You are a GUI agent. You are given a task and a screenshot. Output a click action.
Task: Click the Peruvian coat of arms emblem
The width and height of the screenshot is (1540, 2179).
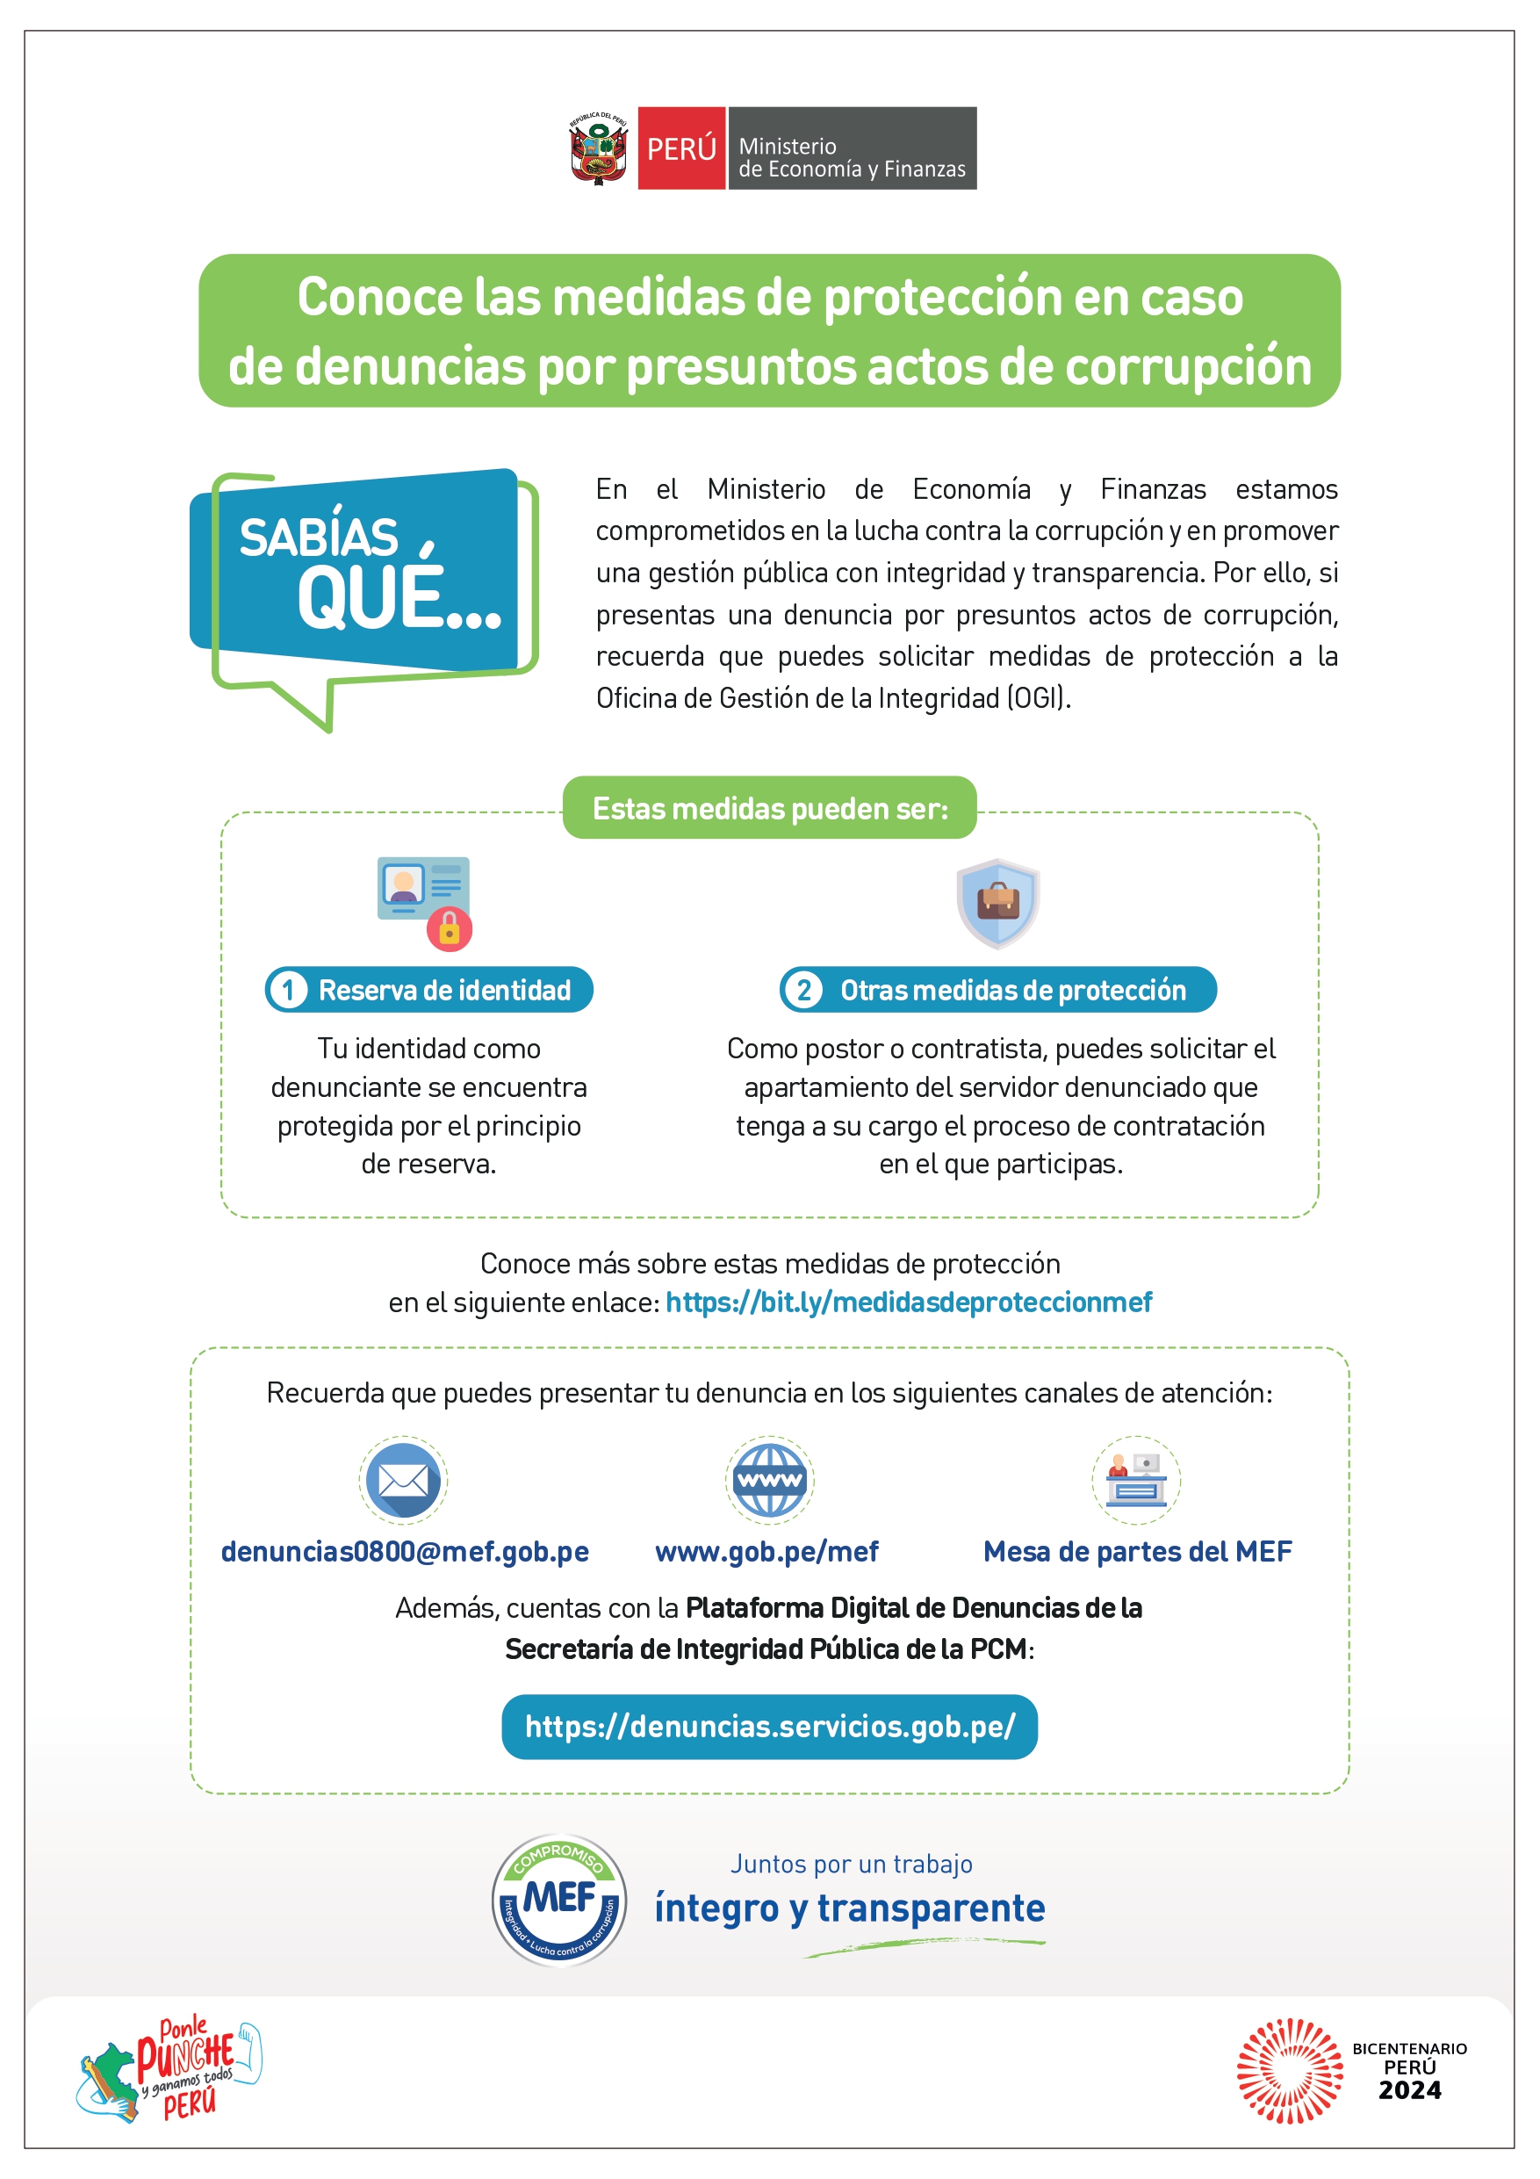coord(598,148)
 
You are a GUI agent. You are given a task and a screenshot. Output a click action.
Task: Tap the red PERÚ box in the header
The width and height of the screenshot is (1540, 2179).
coord(680,148)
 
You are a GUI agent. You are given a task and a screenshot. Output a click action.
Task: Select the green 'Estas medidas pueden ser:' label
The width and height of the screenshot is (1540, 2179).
coord(768,808)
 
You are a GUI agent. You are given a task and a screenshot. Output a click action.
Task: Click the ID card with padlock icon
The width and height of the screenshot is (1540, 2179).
coord(424,903)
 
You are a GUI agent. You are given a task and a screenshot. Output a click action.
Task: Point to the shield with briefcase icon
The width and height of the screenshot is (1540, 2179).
coord(997,903)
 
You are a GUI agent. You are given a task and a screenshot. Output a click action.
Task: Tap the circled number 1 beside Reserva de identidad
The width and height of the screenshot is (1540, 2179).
coord(287,990)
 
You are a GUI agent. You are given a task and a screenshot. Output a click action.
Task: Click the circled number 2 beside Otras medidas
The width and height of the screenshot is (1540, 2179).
coord(802,990)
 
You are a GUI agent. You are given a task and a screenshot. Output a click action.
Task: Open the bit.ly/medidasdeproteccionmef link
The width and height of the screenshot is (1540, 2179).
coord(908,1302)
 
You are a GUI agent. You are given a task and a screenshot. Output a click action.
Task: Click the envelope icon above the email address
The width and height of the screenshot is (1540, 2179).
coord(403,1481)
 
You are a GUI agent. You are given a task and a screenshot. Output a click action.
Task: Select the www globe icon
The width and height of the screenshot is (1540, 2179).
coord(769,1481)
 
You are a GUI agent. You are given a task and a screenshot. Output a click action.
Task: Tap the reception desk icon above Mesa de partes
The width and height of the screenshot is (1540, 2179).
coord(1136,1481)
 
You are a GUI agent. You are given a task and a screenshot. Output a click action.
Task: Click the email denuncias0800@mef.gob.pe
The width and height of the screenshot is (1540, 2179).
coord(405,1552)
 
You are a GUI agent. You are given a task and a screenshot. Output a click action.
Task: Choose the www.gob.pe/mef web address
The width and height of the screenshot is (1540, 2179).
coord(766,1552)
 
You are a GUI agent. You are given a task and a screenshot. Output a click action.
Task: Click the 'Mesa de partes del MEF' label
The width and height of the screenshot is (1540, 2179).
coord(1137,1552)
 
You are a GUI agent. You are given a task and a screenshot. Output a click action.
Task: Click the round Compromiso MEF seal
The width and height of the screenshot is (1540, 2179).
coord(559,1900)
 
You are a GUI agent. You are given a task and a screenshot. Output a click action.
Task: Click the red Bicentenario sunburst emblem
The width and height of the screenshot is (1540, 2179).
coord(1289,2071)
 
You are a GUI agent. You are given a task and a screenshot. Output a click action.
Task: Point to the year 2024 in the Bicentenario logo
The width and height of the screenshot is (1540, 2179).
coord(1409,2091)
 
